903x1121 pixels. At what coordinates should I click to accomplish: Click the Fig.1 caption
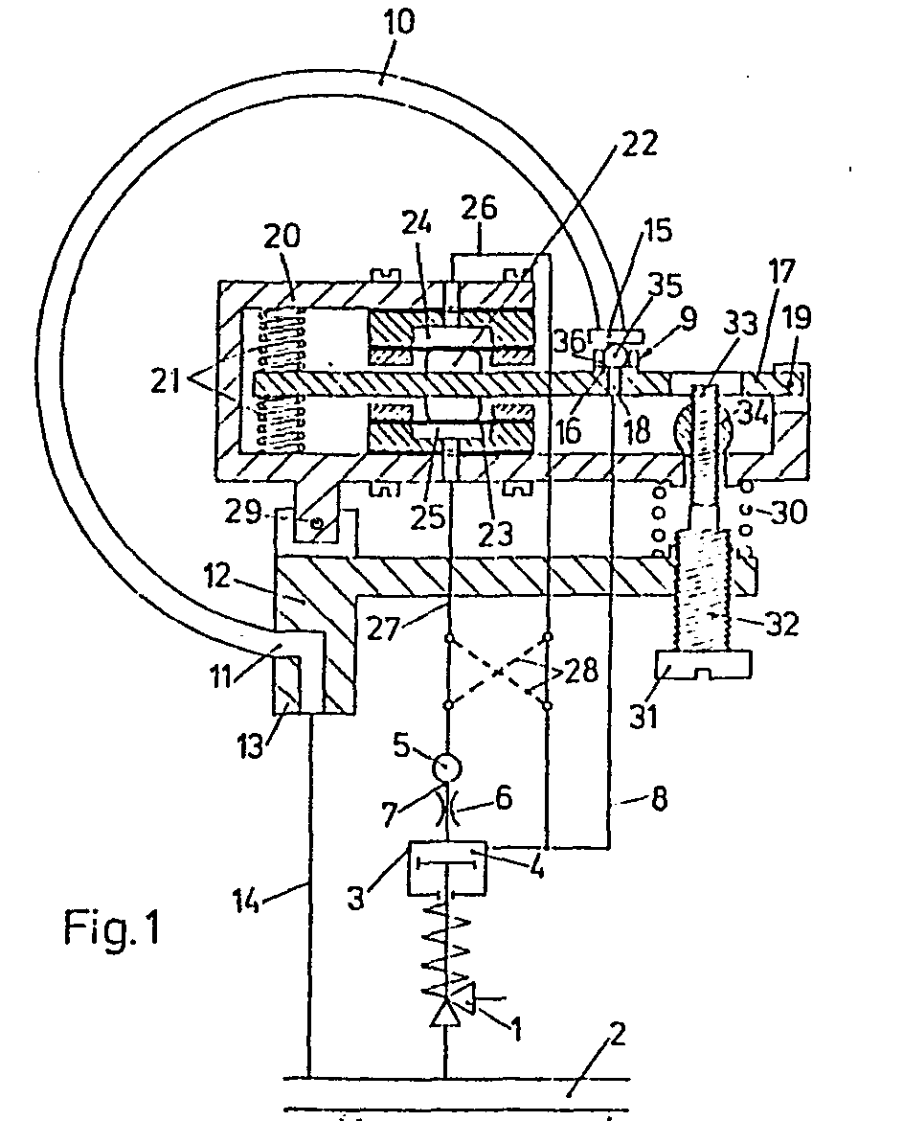tap(114, 927)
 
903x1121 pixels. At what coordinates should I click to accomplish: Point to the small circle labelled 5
tap(446, 768)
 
